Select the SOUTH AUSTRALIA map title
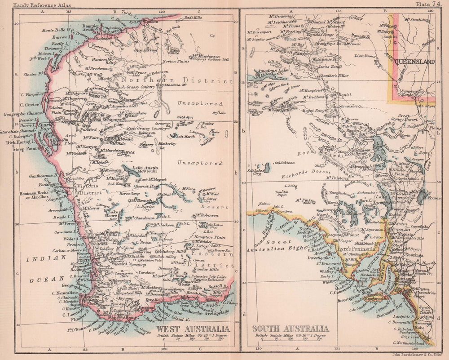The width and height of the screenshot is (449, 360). (x=291, y=329)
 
